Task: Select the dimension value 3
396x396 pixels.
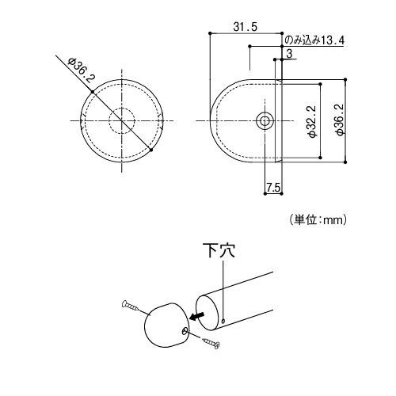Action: (291, 53)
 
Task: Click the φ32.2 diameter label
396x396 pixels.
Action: (312, 121)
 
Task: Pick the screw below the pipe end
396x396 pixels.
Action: (211, 343)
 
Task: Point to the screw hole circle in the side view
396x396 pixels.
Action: (265, 120)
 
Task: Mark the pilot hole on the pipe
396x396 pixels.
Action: (225, 321)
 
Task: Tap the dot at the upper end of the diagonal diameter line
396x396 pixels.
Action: (93, 92)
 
